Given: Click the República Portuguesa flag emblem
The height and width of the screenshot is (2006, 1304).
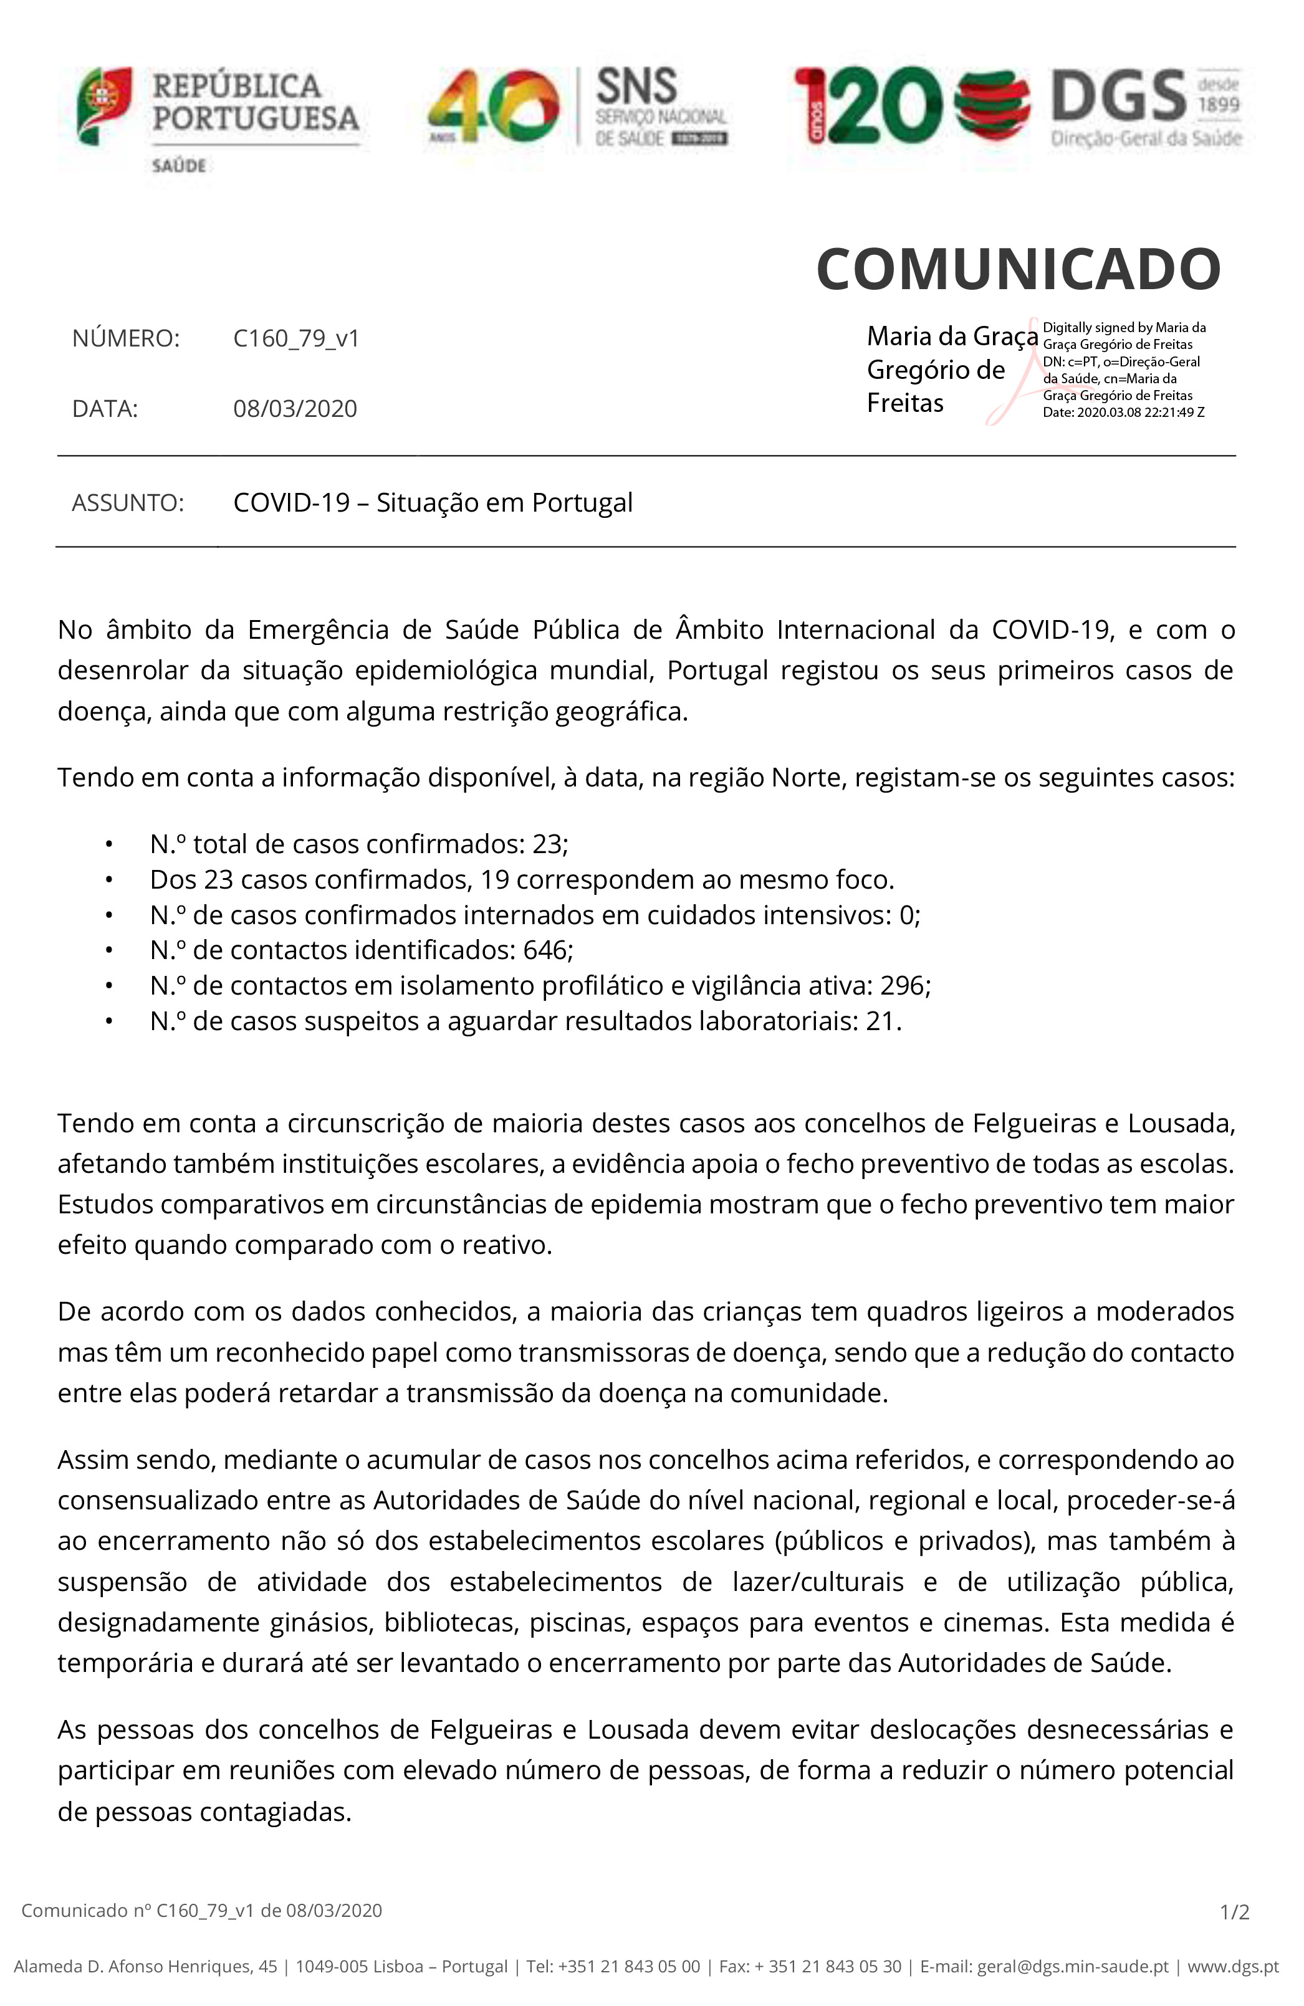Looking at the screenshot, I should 103,105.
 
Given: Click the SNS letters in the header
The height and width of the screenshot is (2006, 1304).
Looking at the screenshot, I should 636,86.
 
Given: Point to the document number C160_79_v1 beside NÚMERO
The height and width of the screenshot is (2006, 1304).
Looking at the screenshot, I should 296,339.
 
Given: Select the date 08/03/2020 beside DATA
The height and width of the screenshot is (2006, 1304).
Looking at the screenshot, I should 295,409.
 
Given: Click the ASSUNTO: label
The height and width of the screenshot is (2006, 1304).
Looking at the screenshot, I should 127,503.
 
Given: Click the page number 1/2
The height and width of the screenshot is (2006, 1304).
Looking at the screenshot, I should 1234,1913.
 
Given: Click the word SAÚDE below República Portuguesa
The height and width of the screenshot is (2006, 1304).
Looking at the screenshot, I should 179,166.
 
